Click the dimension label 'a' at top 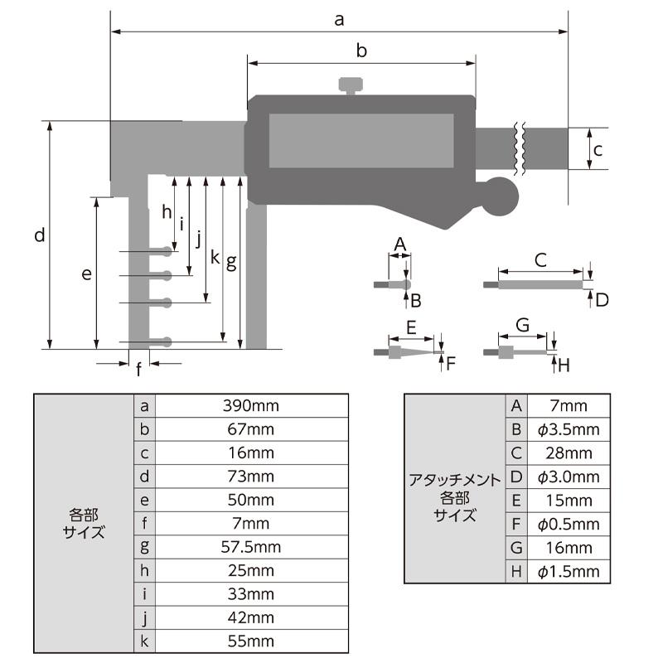[339, 19]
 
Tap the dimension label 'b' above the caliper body [361, 51]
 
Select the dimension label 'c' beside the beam [596, 150]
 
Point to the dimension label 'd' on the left [39, 235]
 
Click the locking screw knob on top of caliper [351, 85]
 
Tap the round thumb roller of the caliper [499, 197]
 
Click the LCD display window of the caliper [361, 141]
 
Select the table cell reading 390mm [251, 405]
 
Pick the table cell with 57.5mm [251, 547]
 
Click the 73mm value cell [251, 477]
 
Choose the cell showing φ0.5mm [568, 524]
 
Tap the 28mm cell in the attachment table [568, 452]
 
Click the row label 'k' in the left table [144, 641]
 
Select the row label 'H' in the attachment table [515, 572]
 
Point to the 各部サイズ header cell [84, 524]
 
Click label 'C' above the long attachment [540, 259]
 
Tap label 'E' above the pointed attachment [410, 327]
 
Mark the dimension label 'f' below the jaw [138, 370]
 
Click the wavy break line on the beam [520, 149]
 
